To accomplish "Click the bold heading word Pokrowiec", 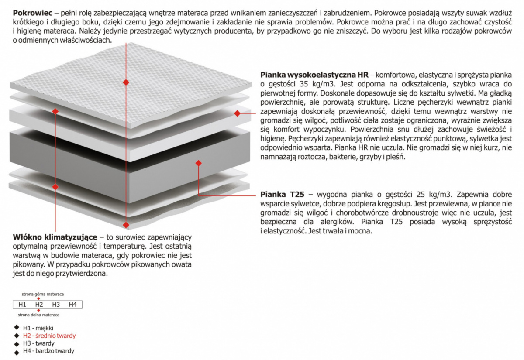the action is (x=33, y=13).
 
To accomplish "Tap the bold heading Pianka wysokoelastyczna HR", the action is (x=314, y=75).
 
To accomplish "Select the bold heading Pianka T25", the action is (x=283, y=195).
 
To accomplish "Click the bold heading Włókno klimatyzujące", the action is (x=55, y=237).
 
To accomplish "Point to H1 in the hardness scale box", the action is (x=22, y=305).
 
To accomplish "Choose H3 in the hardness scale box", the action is (x=56, y=305).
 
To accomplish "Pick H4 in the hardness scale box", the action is (x=73, y=305).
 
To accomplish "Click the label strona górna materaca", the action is (x=43, y=294).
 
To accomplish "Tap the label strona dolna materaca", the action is (x=38, y=315).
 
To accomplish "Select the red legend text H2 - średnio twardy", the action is (x=49, y=336).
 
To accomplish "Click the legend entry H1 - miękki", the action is (x=38, y=328).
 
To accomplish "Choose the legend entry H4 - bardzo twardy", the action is (x=48, y=351).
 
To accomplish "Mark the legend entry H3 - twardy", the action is (x=39, y=343).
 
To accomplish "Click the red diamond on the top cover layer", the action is (x=126, y=82).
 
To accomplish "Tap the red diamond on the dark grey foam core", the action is (x=198, y=163).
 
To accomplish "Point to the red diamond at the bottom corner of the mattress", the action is (x=126, y=225).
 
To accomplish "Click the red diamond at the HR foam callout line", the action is (x=237, y=113).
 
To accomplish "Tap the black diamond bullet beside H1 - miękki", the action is (x=17, y=327).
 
